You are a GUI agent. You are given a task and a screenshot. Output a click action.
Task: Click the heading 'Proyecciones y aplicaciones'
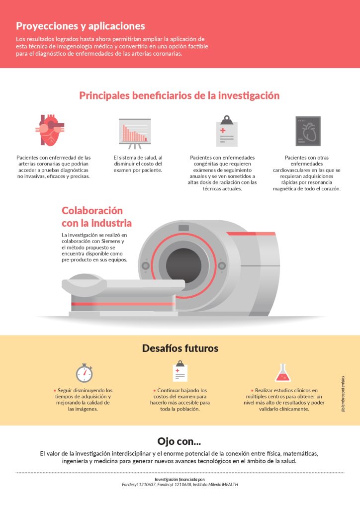pos(81,26)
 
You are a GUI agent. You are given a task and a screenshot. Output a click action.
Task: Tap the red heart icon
pos(50,130)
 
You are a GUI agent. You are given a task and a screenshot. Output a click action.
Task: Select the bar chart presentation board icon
pos(135,133)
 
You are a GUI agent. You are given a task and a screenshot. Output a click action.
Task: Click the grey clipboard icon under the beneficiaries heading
pos(227,131)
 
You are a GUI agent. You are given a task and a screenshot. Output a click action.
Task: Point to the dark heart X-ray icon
pos(308,131)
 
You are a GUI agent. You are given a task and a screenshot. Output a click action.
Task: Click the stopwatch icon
pos(85,373)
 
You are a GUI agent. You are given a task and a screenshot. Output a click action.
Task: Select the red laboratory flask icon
pos(283,373)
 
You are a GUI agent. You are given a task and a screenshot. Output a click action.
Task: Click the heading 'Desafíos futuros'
pos(180,348)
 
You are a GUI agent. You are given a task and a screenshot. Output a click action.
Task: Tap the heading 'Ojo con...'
pos(179,441)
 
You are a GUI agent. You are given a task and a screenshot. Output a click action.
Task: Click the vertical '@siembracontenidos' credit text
pos(343,394)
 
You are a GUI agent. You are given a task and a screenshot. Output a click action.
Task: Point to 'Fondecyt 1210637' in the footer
pos(139,485)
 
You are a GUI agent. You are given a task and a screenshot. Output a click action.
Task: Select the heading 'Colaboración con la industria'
pos(97,217)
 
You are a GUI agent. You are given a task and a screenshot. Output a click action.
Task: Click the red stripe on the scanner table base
pos(123,304)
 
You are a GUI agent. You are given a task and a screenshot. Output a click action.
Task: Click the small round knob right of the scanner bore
pos(222,266)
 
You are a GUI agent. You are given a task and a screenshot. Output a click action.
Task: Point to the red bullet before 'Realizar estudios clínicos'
pos(252,391)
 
